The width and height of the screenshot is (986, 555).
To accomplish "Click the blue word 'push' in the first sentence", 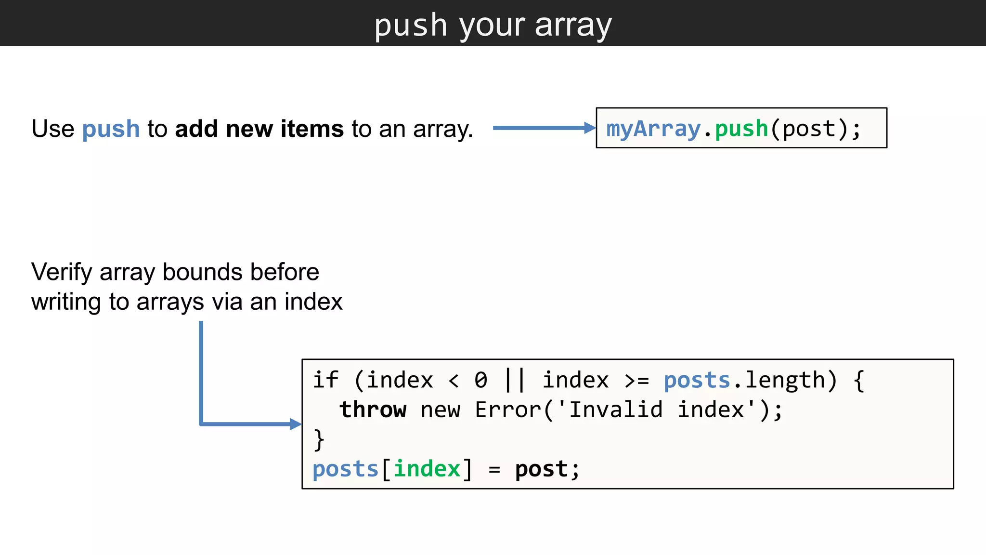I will click(111, 129).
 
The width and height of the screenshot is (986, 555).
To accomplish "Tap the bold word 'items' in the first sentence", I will click(312, 129).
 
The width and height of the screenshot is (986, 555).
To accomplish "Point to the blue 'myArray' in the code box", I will click(653, 129).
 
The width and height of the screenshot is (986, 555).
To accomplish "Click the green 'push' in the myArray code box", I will click(741, 129).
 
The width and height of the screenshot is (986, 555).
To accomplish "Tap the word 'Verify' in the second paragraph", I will click(62, 272).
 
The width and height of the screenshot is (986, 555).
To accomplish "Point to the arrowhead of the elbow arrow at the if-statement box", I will click(295, 424).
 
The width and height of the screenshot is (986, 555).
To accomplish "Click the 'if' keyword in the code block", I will click(325, 380).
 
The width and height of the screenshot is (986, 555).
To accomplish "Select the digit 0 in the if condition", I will click(480, 380).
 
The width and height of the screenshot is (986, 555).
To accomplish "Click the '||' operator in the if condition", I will click(514, 380).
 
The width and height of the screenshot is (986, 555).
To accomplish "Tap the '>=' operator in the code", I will click(636, 381).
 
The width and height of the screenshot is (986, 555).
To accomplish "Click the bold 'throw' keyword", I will click(373, 410).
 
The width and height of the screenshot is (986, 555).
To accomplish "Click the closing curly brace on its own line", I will click(319, 439).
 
